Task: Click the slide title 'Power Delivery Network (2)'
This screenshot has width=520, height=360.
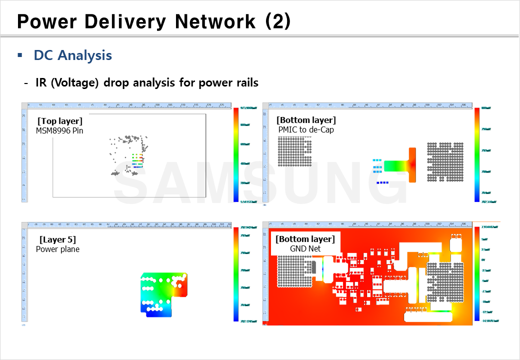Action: click(x=153, y=21)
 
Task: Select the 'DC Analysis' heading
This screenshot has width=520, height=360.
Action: click(x=73, y=55)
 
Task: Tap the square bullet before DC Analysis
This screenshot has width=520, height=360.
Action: click(x=20, y=55)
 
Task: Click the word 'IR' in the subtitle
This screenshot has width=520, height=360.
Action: click(x=41, y=82)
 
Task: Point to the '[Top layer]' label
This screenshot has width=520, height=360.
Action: click(x=60, y=121)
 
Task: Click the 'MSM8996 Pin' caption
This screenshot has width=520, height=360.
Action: click(x=59, y=130)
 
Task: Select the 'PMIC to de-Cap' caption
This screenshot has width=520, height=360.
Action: click(x=306, y=129)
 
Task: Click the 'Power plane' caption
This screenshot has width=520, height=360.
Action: click(x=57, y=249)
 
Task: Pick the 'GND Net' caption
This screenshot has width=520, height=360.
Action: click(x=305, y=248)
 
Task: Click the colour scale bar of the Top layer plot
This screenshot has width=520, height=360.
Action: click(x=236, y=154)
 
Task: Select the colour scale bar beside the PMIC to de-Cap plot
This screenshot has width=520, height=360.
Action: click(x=477, y=154)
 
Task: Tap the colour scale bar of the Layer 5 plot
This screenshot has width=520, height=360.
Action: click(x=236, y=274)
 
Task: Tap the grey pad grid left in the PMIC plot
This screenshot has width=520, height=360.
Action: click(x=294, y=153)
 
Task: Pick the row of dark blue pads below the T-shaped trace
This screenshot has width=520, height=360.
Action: click(x=383, y=182)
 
